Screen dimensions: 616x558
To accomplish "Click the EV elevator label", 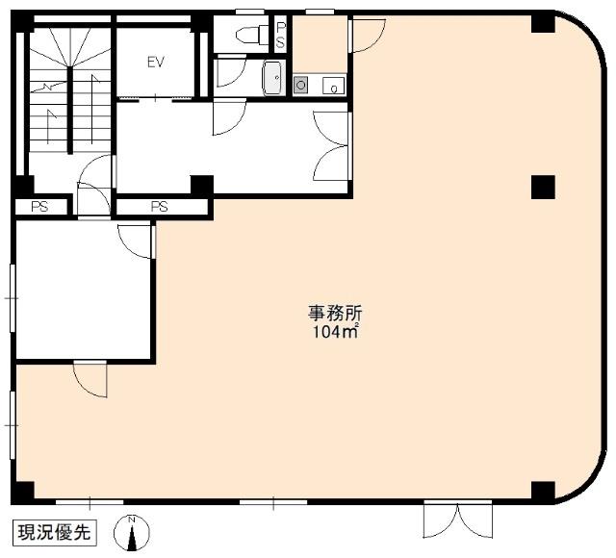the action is point(156,62).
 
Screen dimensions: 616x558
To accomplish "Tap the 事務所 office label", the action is point(334,313).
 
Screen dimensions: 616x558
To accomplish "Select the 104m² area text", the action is point(336,332).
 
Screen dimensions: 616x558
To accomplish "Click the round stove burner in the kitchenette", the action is point(300,85).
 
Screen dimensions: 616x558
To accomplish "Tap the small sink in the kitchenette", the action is point(334,86).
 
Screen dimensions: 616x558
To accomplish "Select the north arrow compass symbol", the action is point(132,533).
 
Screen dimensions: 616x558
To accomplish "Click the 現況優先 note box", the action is point(55,532).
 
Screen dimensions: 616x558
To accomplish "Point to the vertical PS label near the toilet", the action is point(280,35).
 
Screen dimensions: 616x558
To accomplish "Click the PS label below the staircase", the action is point(40,207).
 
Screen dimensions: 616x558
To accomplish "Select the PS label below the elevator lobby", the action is point(160,206).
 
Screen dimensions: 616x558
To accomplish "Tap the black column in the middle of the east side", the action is point(543,187).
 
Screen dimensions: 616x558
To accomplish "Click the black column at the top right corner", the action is point(543,23).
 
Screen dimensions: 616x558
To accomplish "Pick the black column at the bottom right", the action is point(543,491).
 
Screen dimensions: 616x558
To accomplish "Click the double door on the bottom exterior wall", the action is point(458,520).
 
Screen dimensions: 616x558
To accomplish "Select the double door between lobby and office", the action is point(331,146).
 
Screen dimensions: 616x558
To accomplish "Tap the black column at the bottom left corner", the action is point(23,492).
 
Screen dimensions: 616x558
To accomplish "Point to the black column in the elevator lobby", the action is point(202,185).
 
